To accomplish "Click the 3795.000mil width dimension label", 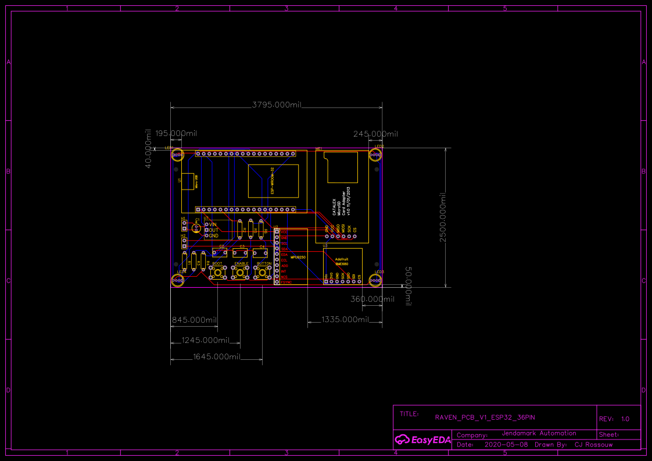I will [277, 105].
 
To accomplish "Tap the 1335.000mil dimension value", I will [346, 319].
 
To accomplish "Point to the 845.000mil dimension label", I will [194, 320].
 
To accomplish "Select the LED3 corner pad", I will [375, 281].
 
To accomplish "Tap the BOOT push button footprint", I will [217, 273].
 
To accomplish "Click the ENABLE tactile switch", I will [241, 273].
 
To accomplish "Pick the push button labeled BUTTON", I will [264, 273].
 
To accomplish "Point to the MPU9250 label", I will [298, 256].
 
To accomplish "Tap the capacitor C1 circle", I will [196, 228].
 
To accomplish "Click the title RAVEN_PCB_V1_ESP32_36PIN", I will [485, 417].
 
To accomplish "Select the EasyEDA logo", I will [422, 440].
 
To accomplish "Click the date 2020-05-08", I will [506, 445].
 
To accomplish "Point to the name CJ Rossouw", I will [593, 445].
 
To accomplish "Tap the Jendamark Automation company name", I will [539, 433].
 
